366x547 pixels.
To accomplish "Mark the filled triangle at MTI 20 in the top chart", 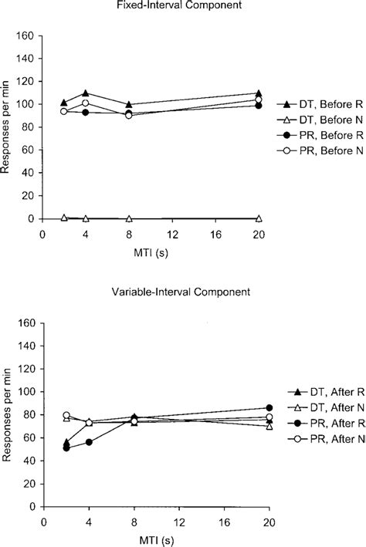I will coord(259,93).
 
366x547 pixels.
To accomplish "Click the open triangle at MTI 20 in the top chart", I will coord(259,218).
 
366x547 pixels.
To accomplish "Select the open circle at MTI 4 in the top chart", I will coord(86,103).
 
